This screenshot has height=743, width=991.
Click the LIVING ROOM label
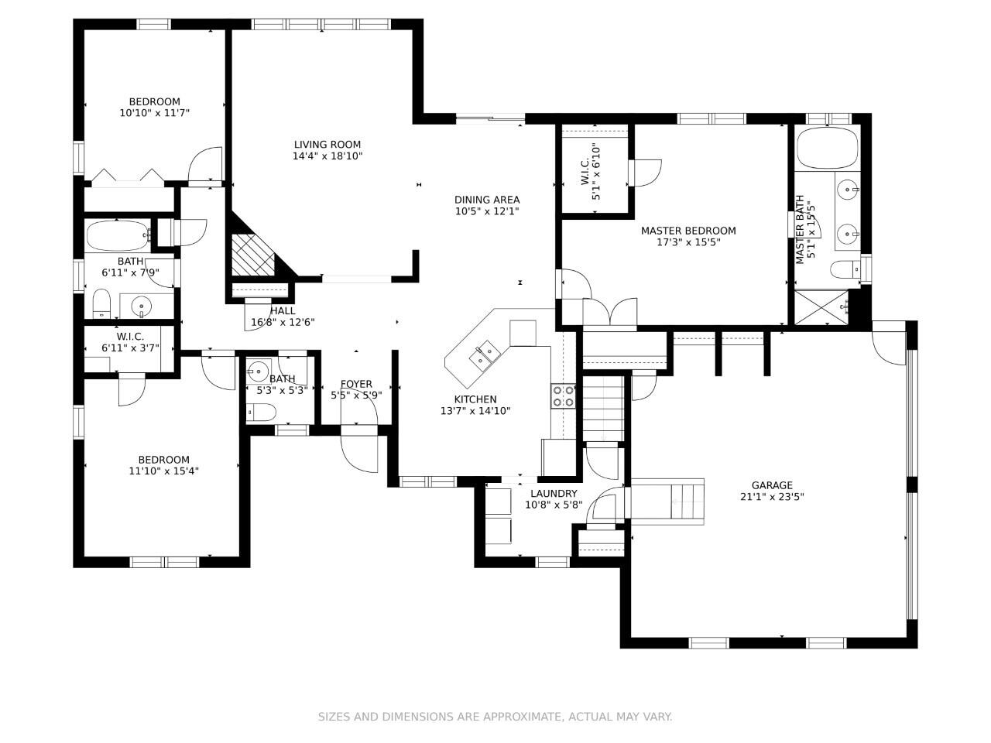(327, 145)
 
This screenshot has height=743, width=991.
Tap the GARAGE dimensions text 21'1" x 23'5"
(772, 497)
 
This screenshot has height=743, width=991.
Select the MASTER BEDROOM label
(688, 231)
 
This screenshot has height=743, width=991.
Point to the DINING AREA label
(487, 200)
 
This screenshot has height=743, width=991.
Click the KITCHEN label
(475, 399)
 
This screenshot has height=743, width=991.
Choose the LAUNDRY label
(554, 494)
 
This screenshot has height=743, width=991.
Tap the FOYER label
(356, 385)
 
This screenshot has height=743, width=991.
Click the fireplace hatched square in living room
(253, 255)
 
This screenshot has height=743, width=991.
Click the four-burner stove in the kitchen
(563, 396)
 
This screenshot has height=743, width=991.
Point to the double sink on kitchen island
(485, 356)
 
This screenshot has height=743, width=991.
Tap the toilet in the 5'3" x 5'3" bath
(261, 413)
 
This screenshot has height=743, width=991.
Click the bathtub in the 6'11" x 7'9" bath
(118, 236)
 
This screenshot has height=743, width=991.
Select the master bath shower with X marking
(821, 308)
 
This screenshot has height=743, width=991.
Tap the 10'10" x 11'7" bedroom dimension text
(154, 113)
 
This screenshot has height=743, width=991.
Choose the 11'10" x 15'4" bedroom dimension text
(164, 471)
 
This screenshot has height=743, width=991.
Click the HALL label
(283, 311)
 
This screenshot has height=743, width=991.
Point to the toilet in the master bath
(845, 270)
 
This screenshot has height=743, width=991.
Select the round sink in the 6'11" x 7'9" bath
(142, 306)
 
